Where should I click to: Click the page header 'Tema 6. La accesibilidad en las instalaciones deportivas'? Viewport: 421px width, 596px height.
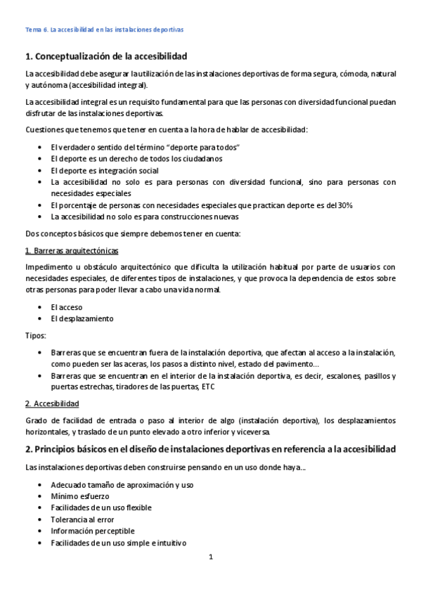click(104, 30)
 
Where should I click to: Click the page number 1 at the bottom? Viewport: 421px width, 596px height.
click(210, 557)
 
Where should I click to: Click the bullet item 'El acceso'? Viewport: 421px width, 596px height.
click(67, 306)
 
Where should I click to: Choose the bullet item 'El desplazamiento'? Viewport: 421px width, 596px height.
click(82, 318)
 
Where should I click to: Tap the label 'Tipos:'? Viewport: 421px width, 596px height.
click(36, 335)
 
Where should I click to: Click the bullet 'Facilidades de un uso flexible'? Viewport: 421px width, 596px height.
click(101, 507)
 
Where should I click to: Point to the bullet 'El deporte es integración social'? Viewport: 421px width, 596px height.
click(105, 170)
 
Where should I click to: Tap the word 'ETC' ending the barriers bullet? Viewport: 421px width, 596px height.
click(208, 387)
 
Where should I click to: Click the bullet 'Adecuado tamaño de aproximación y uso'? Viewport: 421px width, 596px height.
click(122, 485)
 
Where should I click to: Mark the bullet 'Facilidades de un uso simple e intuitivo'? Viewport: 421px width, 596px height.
click(118, 543)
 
